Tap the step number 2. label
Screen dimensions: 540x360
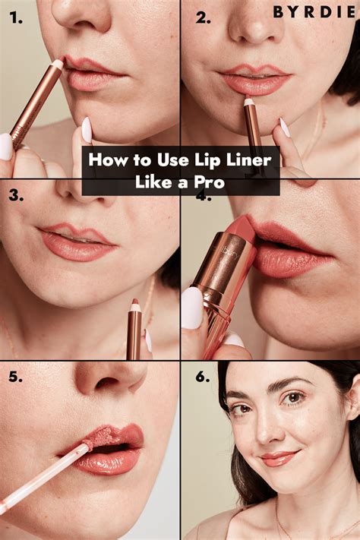click(203, 17)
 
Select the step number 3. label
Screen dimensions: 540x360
click(15, 196)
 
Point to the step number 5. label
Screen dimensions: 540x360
click(15, 377)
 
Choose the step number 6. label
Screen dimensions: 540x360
click(203, 377)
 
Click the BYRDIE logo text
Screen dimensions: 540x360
click(315, 13)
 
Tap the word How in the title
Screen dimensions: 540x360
click(106, 160)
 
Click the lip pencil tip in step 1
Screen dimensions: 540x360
click(57, 65)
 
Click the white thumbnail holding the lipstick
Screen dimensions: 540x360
click(192, 307)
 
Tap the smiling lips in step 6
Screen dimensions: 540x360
click(279, 458)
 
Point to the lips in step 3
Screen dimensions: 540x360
click(77, 241)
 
